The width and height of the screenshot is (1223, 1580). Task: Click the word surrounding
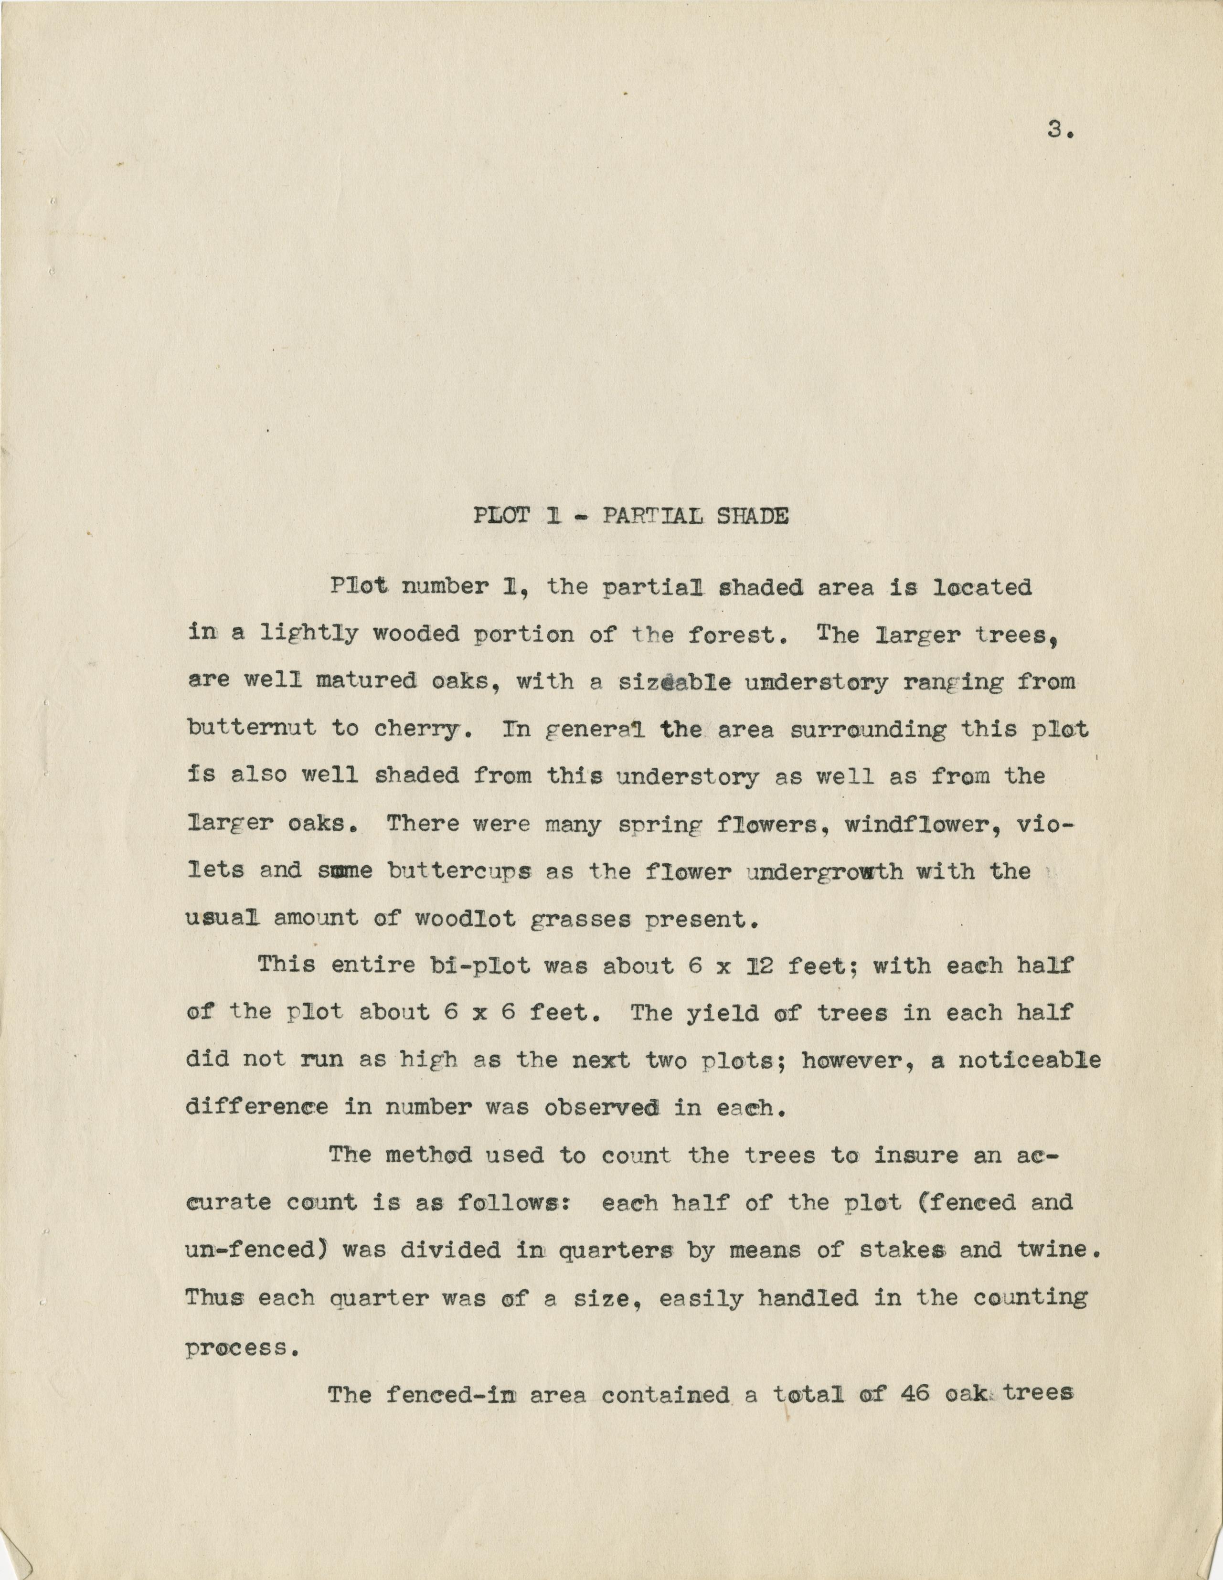pyautogui.click(x=868, y=729)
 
